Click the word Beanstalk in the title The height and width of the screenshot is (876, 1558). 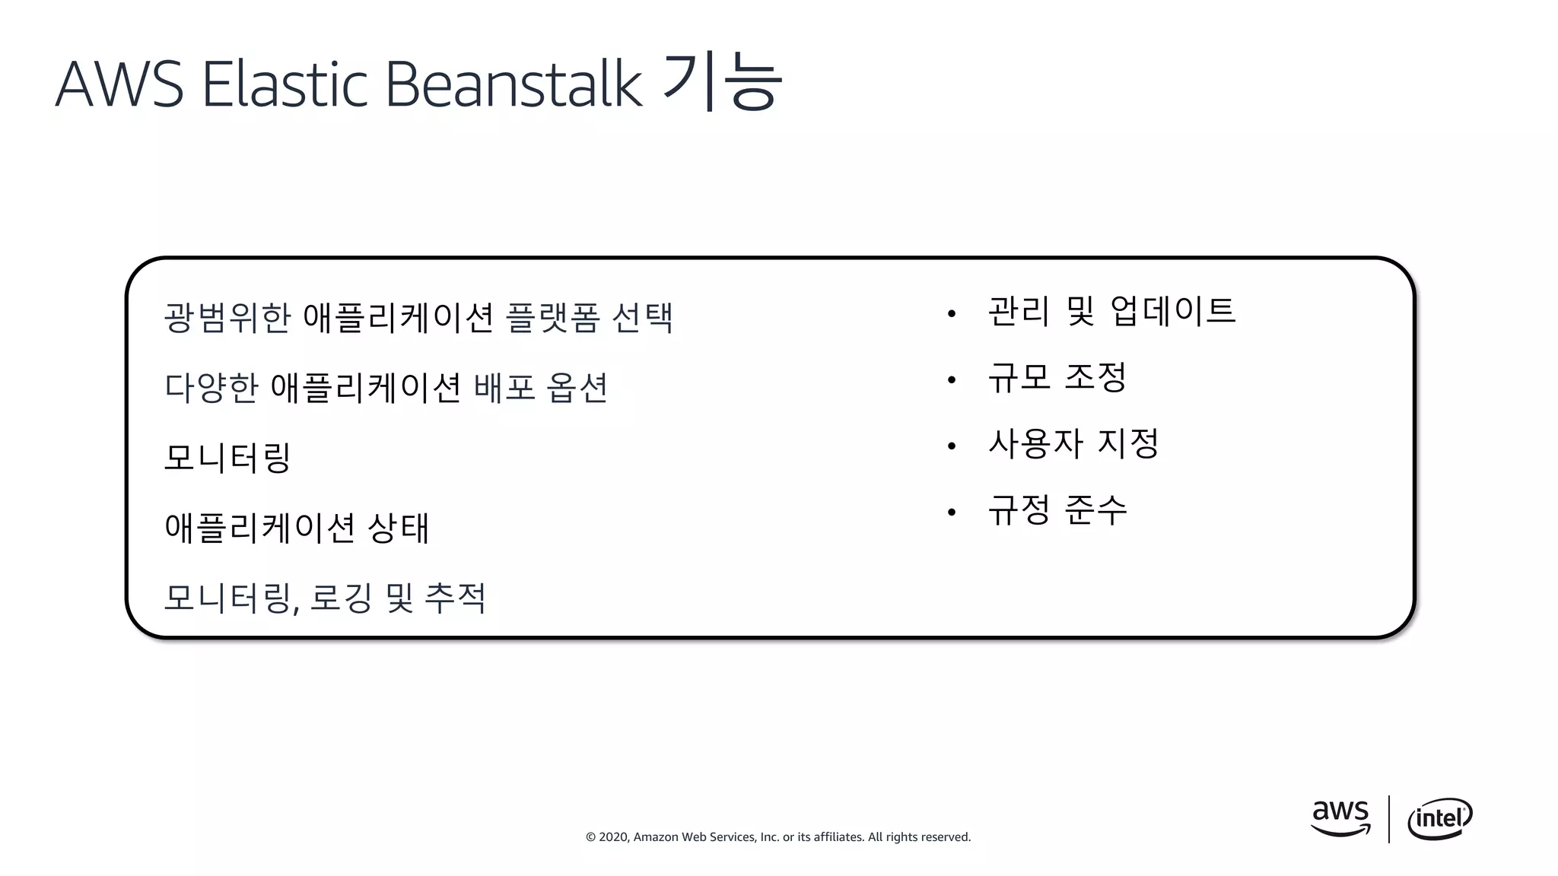click(514, 84)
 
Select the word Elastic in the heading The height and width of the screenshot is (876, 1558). click(285, 84)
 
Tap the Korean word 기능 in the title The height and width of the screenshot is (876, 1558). click(722, 82)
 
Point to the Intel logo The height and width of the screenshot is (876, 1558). click(1439, 819)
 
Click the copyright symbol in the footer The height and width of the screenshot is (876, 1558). click(590, 837)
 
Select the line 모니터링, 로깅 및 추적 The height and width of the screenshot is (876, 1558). click(325, 598)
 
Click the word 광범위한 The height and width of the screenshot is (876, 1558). click(227, 318)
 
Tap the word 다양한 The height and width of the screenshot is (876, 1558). click(211, 388)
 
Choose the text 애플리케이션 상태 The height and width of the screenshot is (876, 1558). click(297, 528)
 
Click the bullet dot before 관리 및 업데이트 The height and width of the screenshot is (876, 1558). click(951, 313)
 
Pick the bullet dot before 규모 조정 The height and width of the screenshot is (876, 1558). click(951, 379)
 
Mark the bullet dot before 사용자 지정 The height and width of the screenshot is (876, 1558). click(951, 446)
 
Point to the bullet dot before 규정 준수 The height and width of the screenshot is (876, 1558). click(951, 513)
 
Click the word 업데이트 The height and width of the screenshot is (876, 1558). click(1173, 311)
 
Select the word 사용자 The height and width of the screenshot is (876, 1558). click(1035, 443)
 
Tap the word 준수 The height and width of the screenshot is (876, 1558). click(1095, 510)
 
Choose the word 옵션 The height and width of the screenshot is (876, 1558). click(577, 388)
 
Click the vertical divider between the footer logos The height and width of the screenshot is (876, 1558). click(1389, 819)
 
